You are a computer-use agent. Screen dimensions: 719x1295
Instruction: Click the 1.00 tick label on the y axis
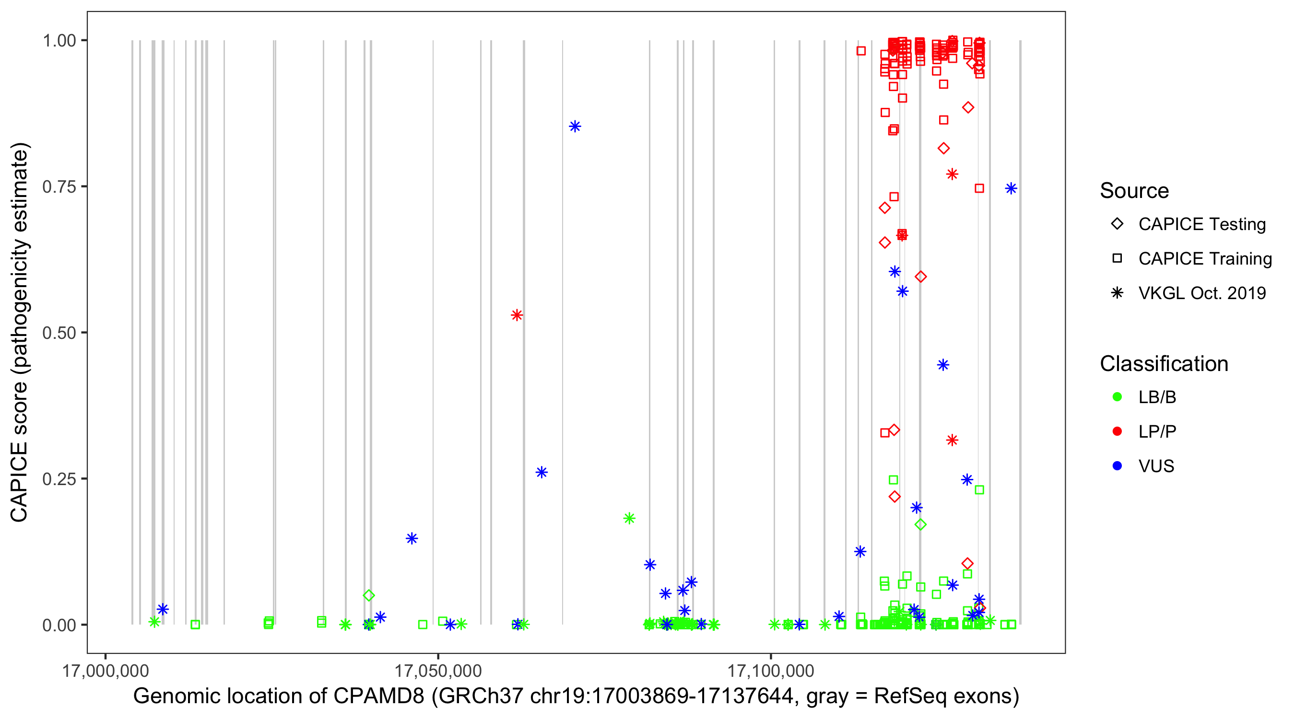point(59,41)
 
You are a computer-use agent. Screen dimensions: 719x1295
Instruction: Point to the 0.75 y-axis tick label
point(59,187)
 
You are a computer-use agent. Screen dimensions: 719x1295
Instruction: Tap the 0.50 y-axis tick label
point(59,333)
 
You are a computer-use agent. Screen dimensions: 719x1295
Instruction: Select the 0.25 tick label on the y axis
point(59,479)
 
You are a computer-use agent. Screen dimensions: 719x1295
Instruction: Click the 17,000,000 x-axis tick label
point(105,671)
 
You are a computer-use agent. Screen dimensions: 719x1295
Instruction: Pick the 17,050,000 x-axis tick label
point(438,671)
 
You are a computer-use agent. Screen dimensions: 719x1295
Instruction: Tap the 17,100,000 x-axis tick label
point(771,671)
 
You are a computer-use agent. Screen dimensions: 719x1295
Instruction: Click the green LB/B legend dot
point(1117,397)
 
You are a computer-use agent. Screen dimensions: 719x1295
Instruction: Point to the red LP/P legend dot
point(1117,431)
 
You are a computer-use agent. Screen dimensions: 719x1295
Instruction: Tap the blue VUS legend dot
point(1117,466)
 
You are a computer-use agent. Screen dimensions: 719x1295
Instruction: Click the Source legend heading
point(1134,191)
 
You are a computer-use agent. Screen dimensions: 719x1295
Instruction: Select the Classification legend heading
point(1164,364)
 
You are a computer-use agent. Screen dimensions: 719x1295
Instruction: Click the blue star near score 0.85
point(575,127)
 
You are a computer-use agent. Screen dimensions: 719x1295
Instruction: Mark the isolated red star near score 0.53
point(517,315)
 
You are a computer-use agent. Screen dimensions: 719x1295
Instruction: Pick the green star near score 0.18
point(629,519)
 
